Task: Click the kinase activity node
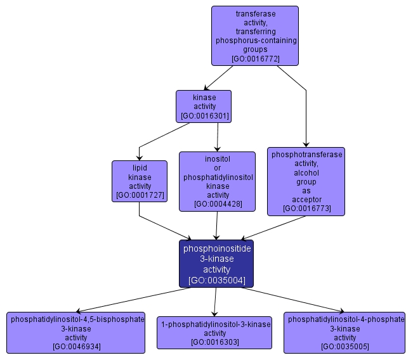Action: point(204,106)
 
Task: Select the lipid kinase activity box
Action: point(140,181)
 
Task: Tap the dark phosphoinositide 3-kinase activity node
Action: point(217,263)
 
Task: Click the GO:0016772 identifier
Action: point(256,58)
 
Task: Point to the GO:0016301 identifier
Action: point(204,116)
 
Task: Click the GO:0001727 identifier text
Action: point(140,196)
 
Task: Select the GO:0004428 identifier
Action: point(218,204)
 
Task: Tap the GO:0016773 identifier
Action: point(306,209)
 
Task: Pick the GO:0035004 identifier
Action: point(217,280)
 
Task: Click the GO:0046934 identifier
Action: point(76,347)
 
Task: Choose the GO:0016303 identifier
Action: point(214,342)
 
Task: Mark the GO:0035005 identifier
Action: point(344,347)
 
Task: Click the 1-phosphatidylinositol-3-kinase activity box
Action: point(214,333)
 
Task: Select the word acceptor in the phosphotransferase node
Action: point(306,200)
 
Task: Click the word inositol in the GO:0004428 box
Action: point(218,159)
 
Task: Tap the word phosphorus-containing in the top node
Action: point(256,40)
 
